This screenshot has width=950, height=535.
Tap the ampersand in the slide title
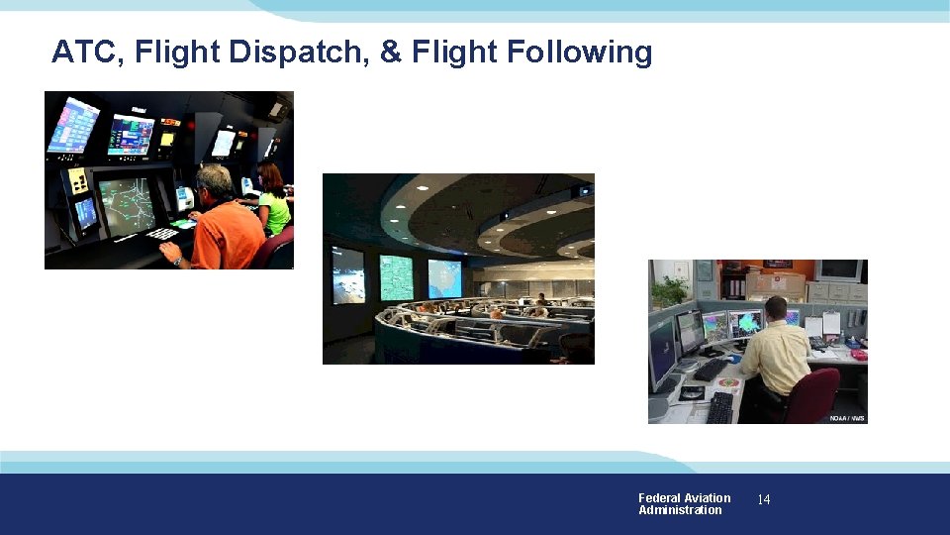click(x=392, y=52)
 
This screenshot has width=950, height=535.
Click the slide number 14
click(x=763, y=500)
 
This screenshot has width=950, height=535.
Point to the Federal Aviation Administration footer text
click(x=684, y=504)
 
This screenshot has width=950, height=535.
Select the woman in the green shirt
click(x=272, y=203)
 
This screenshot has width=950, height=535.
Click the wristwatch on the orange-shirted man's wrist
click(x=177, y=262)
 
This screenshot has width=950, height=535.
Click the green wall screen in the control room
click(x=396, y=277)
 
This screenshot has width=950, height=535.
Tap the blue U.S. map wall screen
click(x=444, y=277)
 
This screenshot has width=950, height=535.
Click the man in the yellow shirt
click(x=775, y=352)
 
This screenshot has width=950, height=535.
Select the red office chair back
click(x=817, y=393)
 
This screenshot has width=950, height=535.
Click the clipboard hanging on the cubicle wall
click(x=831, y=322)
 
